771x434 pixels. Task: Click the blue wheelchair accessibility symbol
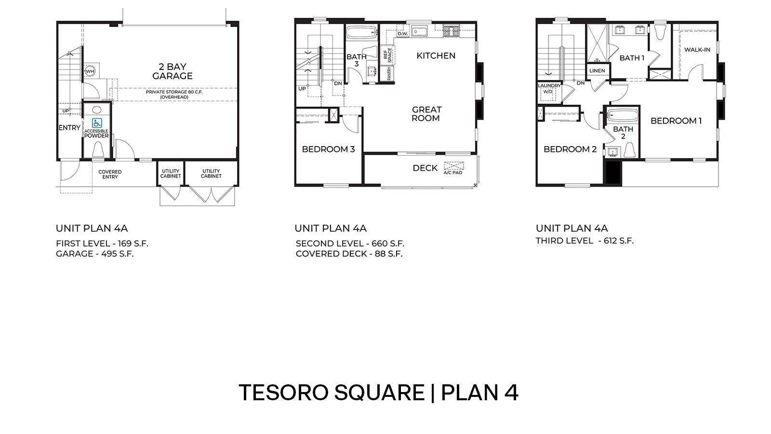coord(97,123)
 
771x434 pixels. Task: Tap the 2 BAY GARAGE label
coord(173,71)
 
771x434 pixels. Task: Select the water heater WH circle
coord(90,71)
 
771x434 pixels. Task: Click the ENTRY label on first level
coord(69,128)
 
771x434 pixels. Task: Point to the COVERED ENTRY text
coord(110,174)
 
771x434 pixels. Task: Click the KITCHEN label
coord(436,56)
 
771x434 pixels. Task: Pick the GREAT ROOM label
coord(426,114)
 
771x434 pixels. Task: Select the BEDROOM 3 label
coord(328,149)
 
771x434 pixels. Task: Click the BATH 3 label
coord(357,60)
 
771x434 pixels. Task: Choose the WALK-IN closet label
coord(697,50)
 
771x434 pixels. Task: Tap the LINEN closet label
coord(597,71)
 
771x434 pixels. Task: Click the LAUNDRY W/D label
coord(549,88)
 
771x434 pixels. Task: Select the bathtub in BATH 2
coord(622,116)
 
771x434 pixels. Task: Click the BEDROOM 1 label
coord(676,121)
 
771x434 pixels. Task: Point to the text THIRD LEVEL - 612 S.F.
coord(584,241)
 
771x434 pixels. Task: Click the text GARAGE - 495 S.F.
coord(94,254)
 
